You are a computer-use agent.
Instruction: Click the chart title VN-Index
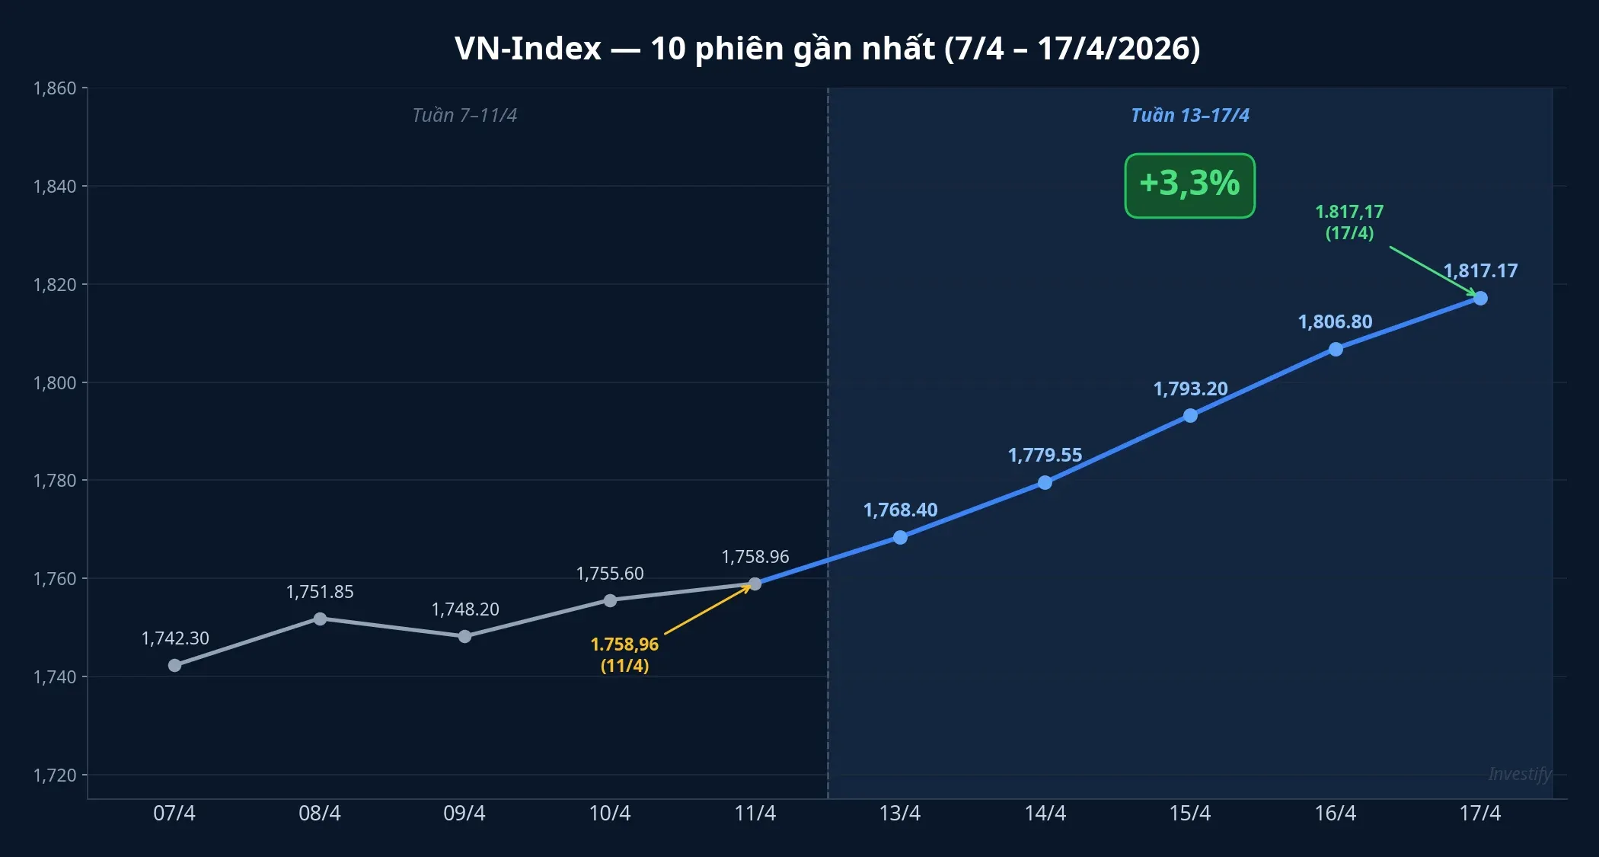click(x=827, y=49)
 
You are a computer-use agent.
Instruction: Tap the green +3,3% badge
click(x=1189, y=185)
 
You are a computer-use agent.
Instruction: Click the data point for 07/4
click(x=174, y=665)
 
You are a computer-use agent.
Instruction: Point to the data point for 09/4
click(x=464, y=636)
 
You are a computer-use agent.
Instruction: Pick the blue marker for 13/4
click(x=900, y=537)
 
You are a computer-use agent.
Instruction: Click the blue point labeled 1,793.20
click(x=1190, y=415)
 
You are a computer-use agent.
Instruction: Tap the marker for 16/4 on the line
click(x=1336, y=349)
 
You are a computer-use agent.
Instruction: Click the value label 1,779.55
click(x=1045, y=455)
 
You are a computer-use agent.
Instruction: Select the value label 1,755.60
click(x=610, y=573)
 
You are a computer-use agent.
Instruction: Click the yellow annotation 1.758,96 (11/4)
click(x=624, y=654)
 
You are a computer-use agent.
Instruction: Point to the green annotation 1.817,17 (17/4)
click(x=1349, y=222)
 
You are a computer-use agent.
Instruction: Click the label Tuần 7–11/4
click(x=464, y=115)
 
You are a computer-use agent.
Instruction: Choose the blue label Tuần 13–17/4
click(x=1189, y=115)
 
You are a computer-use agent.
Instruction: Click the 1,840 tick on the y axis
click(x=55, y=187)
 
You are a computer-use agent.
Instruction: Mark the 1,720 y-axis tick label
click(x=55, y=775)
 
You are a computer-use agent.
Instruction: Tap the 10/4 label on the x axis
click(x=610, y=814)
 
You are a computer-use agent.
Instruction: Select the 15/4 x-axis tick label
click(x=1190, y=814)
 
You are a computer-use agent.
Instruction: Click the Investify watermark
click(x=1519, y=774)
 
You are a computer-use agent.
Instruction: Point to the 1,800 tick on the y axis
click(x=55, y=382)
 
